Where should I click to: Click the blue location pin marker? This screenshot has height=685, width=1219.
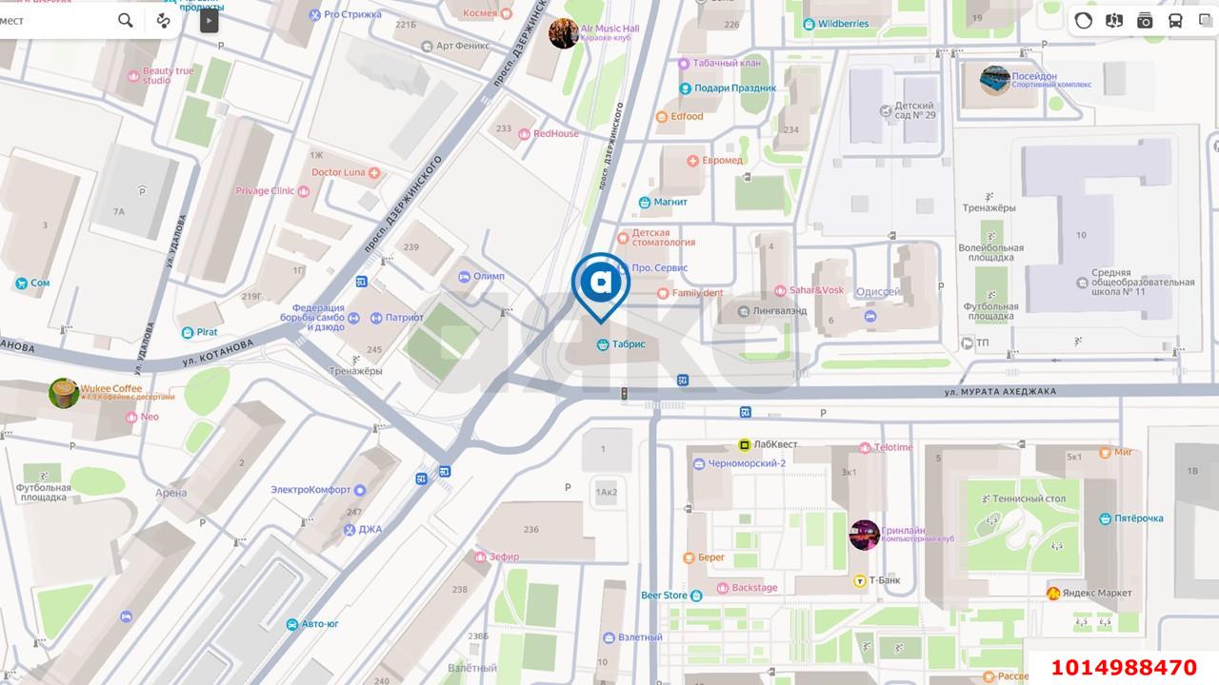pos(601,283)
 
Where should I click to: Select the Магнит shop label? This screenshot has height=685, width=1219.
pos(669,202)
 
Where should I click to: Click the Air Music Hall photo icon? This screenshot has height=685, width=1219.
pos(564,33)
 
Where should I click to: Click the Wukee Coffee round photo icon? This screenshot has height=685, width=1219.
pos(64,393)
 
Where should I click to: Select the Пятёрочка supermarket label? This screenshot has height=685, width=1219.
pos(1139,519)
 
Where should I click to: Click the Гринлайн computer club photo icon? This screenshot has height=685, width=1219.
pos(864,535)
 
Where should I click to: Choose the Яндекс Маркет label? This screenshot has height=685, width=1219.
pos(1099,594)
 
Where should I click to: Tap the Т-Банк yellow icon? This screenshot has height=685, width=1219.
pos(859,580)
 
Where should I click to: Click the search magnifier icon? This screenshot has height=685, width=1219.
pos(126,20)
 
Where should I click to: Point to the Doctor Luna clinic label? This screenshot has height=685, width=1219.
pos(339,172)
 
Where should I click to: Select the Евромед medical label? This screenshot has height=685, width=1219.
pos(722,160)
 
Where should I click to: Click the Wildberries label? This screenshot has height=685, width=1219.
pos(843,23)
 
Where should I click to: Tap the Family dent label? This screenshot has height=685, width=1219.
pos(698,293)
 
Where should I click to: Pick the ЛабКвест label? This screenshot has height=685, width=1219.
pos(775,443)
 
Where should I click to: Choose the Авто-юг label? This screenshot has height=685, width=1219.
pos(319,624)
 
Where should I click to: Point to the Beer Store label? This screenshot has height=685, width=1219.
pos(664,596)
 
